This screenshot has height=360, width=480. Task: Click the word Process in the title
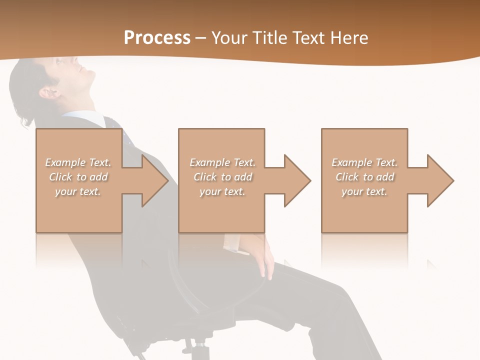tap(157, 38)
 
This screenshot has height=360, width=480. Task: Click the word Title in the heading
tap(270, 38)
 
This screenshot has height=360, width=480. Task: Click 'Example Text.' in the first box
tap(78, 162)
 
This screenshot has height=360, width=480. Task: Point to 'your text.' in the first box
tap(78, 191)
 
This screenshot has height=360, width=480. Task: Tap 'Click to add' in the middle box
tap(222, 177)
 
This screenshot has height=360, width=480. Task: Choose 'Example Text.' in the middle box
tap(222, 162)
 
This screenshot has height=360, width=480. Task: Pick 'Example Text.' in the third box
tap(364, 162)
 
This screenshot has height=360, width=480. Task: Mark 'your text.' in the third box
tap(364, 191)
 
